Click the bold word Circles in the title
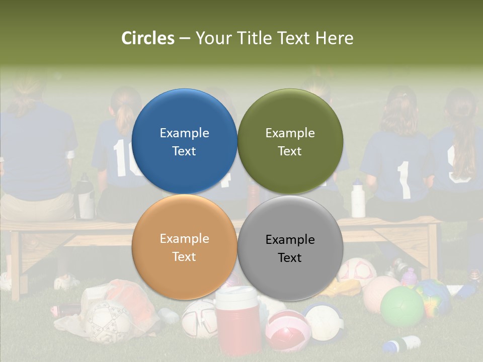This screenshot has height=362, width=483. point(148,38)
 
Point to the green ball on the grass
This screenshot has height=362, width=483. point(402,306)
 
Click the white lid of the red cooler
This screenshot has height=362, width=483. point(237,294)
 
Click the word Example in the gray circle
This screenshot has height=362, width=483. point(290,239)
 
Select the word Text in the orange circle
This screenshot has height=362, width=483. point(184,256)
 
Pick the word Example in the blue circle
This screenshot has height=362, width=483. point(184,133)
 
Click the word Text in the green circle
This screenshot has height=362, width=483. point(290,151)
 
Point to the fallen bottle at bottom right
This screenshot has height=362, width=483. point(402,344)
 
